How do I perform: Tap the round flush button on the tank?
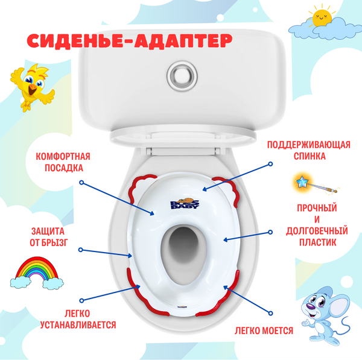(180, 76)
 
